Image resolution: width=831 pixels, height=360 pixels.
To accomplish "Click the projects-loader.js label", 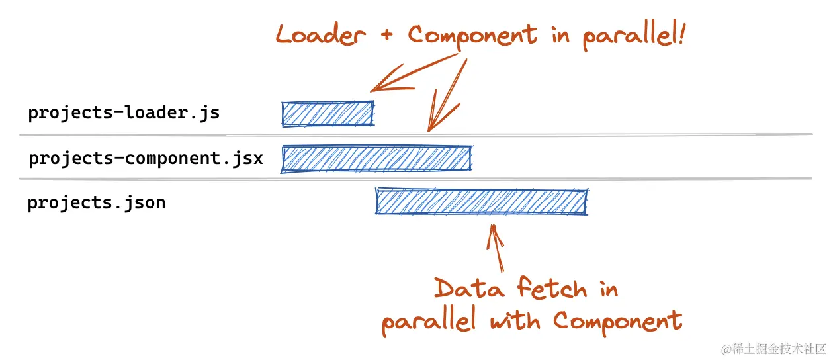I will pos(123,113).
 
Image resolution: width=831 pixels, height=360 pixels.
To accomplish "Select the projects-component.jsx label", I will pos(146,159).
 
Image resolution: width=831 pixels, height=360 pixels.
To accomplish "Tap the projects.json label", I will pos(96,202).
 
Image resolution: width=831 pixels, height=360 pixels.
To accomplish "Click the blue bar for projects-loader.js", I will pos(328,114).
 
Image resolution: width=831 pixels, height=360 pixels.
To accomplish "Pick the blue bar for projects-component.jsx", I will pos(376,159).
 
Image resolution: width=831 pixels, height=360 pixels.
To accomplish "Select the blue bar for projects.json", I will pos(481,202).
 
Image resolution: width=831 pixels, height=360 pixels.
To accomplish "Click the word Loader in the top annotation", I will pos(320,35).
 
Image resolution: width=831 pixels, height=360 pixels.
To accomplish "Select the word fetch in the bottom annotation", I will pos(552,289).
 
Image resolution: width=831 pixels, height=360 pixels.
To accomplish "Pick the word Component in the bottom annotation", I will pos(617,322).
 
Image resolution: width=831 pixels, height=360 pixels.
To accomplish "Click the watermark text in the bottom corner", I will pos(773,348).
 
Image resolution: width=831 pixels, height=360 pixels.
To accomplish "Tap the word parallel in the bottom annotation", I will pos(428,322).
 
